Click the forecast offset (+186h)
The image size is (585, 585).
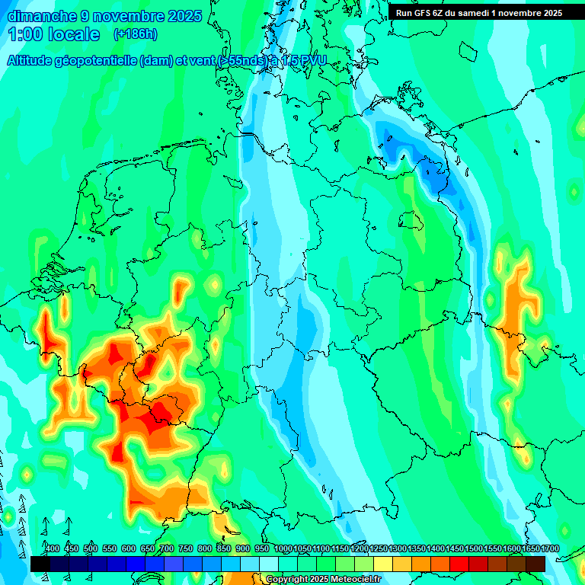click(x=135, y=34)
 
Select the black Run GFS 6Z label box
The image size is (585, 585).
click(x=478, y=12)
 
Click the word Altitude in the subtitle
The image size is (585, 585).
click(x=35, y=60)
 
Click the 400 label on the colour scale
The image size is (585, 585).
click(x=53, y=548)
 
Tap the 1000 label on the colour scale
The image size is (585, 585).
click(x=283, y=548)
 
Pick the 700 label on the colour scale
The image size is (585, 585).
click(x=167, y=548)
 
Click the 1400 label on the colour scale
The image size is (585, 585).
click(x=436, y=548)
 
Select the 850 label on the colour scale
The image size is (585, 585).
click(x=224, y=548)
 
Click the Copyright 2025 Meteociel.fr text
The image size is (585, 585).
click(x=323, y=580)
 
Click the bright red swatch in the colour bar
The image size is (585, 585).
click(x=459, y=564)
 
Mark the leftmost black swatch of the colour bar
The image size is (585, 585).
click(x=40, y=564)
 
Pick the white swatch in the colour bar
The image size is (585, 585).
click(x=269, y=564)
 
